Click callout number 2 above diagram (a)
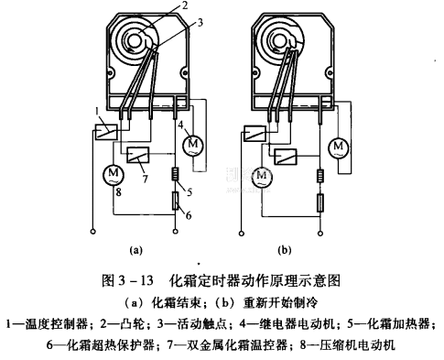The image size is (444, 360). point(184,5)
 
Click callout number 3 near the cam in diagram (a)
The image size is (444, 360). point(200,22)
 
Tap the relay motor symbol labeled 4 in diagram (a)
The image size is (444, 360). point(192,145)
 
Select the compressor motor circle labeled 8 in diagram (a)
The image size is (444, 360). point(114,174)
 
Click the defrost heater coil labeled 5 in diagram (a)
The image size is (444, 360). point(175,175)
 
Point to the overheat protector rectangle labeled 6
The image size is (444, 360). point(175,201)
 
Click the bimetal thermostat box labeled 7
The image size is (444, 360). point(137,155)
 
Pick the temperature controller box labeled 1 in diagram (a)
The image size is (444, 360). point(106,132)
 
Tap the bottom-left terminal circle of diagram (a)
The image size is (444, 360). point(93,232)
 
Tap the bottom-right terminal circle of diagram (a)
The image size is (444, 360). point(175,232)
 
